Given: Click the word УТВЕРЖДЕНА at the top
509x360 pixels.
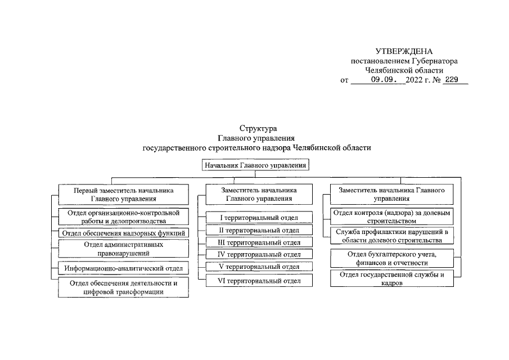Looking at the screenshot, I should (x=403, y=52).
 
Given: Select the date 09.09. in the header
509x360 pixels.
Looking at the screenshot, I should (x=388, y=80).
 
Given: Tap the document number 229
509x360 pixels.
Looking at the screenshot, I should (x=452, y=80).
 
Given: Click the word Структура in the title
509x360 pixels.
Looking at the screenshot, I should (x=258, y=128).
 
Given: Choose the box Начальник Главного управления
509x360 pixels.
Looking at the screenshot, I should (x=257, y=165).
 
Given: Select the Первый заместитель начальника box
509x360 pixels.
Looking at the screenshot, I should (x=123, y=194).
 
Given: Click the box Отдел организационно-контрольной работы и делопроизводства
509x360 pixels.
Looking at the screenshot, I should (x=123, y=217).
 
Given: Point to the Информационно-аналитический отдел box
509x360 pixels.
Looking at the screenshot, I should (x=123, y=269).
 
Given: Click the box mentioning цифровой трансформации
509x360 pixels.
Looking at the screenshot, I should (x=123, y=287).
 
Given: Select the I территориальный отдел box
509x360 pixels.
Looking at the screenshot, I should (x=259, y=218).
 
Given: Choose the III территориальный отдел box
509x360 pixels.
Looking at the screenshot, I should (x=259, y=242).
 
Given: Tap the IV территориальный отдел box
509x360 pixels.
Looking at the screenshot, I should (x=259, y=254).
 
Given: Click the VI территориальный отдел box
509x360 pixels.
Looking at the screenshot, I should (x=259, y=280).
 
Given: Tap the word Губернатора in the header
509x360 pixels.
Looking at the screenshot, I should (x=434, y=61).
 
